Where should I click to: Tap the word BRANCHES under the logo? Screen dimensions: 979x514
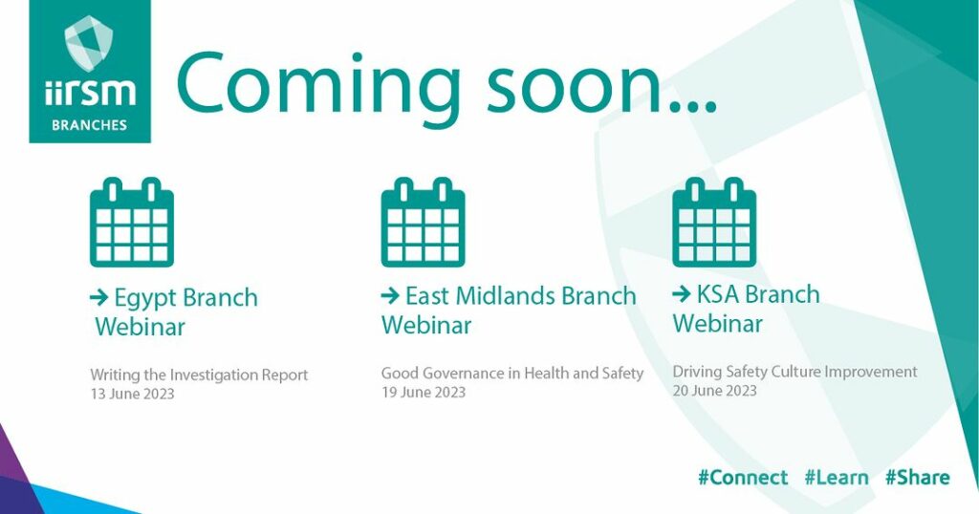pos(89,125)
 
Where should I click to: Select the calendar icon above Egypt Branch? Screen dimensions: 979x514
pos(132,222)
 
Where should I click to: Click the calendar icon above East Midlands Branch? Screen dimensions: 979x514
pos(423,222)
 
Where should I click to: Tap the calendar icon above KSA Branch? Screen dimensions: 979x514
pos(714,222)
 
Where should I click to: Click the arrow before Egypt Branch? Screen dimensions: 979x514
pos(99,297)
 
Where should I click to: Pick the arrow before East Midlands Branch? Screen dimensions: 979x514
pos(390,295)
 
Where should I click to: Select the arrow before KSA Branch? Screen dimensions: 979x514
pos(682,294)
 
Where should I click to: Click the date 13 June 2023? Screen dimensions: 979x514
pos(132,394)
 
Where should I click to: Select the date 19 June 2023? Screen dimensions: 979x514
pos(424,392)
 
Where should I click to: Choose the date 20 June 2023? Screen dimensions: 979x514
pos(714,391)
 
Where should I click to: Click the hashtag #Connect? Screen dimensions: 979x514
pos(743,478)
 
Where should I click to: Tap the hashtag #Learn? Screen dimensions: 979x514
pos(836,478)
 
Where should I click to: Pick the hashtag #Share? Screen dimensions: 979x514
pos(917,478)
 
